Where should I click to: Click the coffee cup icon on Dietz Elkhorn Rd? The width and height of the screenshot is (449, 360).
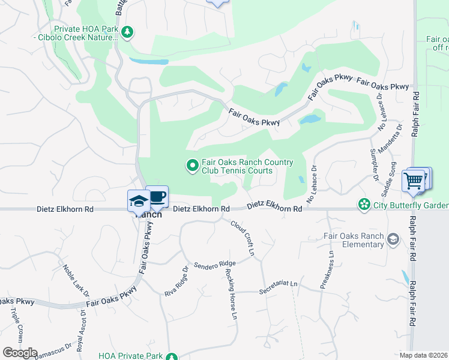tap(157, 197)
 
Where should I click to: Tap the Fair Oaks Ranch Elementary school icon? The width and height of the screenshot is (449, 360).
tap(393, 240)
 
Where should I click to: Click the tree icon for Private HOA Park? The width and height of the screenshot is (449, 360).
tap(127, 32)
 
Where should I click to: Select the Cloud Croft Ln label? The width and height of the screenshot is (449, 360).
tap(243, 239)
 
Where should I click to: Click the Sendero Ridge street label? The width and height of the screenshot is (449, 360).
tap(214, 264)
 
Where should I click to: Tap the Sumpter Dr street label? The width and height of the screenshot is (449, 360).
tap(373, 166)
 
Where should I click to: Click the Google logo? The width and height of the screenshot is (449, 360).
tap(20, 353)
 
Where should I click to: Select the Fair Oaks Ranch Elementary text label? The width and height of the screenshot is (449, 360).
tap(354, 240)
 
